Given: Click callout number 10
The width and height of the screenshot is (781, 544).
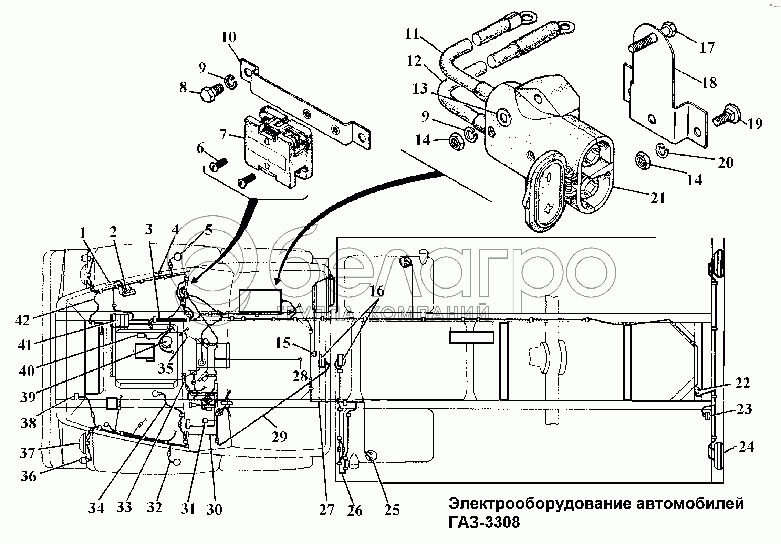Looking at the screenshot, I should [229, 37].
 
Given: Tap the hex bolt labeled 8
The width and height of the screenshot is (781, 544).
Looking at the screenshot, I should [210, 93].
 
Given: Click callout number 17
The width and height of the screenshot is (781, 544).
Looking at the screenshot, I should [707, 48].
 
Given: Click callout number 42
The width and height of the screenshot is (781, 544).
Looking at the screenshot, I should [23, 321].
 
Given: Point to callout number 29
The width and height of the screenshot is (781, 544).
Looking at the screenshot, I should [279, 437].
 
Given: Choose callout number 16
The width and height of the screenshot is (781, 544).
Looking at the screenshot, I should [377, 292].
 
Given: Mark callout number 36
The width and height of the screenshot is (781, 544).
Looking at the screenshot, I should [28, 477].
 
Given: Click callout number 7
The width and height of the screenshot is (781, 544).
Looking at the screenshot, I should [223, 134].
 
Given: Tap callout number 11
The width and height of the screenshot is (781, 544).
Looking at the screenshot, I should [412, 34].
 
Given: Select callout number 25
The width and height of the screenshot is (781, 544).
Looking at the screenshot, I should [392, 510].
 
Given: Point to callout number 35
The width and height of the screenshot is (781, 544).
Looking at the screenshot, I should [166, 368].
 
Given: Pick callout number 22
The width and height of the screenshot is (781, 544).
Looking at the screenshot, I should [742, 383].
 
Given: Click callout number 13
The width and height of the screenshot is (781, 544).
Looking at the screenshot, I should [420, 89].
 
